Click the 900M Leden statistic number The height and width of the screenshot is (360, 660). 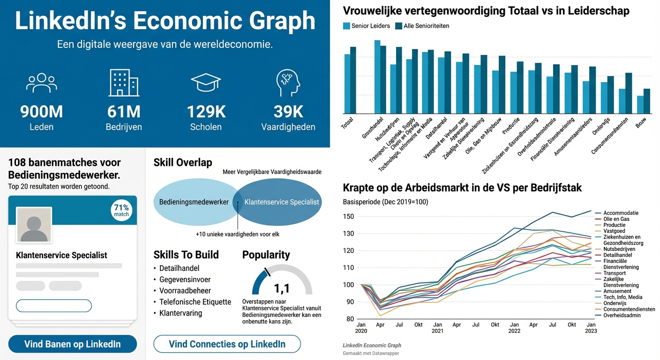click(41, 112)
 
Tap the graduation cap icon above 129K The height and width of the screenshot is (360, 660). click(206, 83)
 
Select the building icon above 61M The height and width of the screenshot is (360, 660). click(124, 83)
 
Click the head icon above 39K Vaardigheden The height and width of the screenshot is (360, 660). click(288, 83)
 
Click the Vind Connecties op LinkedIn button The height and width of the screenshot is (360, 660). click(227, 344)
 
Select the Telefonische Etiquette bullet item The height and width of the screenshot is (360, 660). click(195, 302)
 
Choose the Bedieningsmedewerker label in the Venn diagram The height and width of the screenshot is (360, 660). click(194, 202)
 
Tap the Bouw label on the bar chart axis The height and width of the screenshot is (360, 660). click(640, 125)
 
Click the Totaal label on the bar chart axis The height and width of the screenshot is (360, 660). click(347, 124)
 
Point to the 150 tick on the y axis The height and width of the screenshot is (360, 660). click(348, 217)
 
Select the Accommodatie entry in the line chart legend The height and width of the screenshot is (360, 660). click(621, 213)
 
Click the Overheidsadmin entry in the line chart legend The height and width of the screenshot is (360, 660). click(622, 315)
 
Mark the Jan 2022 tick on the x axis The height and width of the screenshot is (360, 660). click(514, 328)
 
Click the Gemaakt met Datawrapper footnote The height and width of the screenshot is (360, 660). click(371, 353)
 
